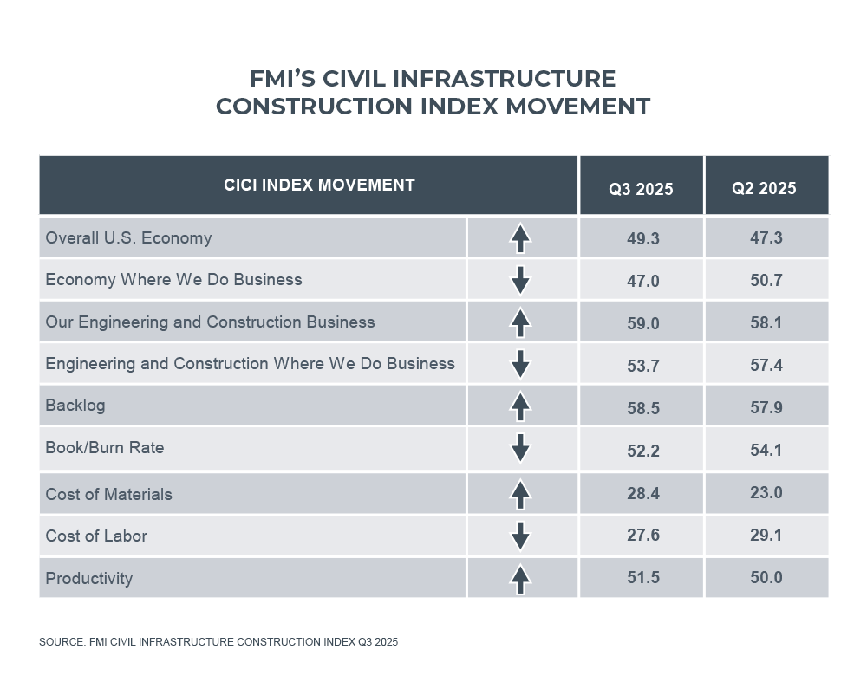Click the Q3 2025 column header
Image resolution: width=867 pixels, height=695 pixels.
point(642,189)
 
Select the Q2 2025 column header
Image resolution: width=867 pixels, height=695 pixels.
point(765,189)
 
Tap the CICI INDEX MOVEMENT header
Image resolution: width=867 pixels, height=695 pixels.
point(319,185)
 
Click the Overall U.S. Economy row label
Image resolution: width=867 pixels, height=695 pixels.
point(128,237)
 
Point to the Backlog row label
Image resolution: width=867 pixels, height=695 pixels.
point(75,405)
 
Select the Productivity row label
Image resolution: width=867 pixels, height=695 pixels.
point(89,578)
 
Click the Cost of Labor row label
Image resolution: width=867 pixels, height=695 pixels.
point(96,536)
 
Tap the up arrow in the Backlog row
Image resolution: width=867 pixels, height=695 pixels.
point(520,406)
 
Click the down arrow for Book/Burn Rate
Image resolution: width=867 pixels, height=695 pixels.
point(520,448)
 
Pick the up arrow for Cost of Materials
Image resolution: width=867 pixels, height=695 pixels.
point(520,494)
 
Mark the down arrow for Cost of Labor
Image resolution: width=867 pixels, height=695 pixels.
point(520,536)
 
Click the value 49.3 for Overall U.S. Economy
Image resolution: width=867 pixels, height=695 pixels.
point(642,238)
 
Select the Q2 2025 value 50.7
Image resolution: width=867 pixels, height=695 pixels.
point(766,280)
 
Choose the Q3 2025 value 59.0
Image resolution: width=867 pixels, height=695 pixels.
point(642,322)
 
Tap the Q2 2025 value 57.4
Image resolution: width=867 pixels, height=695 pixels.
point(766,365)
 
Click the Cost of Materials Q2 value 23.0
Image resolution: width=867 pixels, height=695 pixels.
point(766,493)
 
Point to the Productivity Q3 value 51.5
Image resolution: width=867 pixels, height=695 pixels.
point(642,577)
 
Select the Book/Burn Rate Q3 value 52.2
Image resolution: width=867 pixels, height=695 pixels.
point(642,449)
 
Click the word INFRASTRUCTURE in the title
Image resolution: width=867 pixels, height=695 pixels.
point(505,79)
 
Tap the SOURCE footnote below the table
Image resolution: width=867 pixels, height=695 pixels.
point(218,642)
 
